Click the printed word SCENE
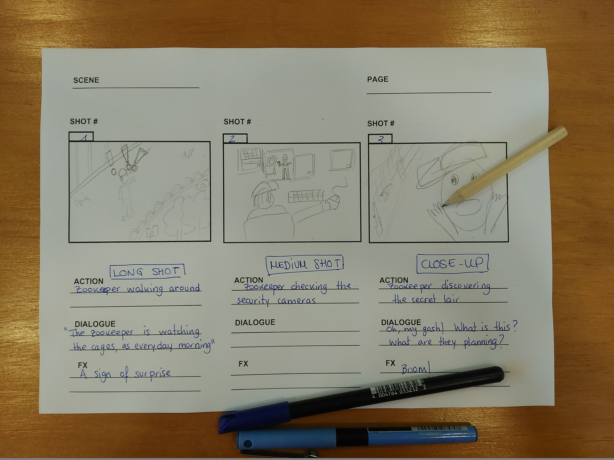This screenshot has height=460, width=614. click(x=86, y=80)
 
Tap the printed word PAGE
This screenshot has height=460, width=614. click(x=378, y=79)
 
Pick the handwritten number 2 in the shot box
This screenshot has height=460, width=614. click(x=232, y=139)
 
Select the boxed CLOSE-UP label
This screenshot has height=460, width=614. click(x=452, y=263)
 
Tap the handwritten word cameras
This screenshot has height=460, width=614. click(x=296, y=301)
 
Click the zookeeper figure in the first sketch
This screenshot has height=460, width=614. click(x=126, y=194)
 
